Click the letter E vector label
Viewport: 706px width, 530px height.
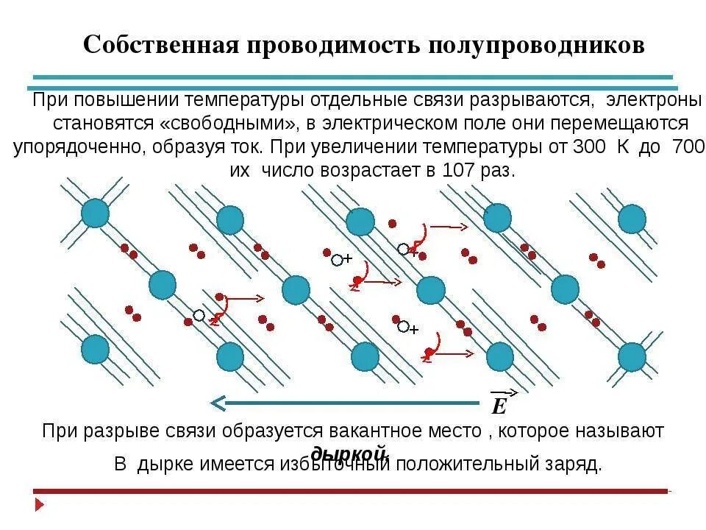[x=499, y=407]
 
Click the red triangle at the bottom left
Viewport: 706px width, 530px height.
[x=40, y=505]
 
